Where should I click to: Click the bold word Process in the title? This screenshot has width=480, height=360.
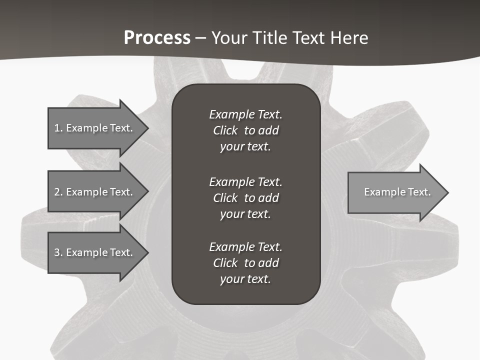pos(157,38)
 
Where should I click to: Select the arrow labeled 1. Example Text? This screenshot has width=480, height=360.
pos(93,128)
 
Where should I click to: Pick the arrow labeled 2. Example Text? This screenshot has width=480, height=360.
pos(93,192)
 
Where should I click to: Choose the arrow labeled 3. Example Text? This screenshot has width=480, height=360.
pos(93,252)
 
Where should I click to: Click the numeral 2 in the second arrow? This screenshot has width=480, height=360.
pos(57,192)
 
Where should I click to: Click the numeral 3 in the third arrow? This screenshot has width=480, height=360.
pos(57,252)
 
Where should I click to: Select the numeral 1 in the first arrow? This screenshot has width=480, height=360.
pos(57,128)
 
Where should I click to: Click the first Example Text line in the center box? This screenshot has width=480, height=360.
pos(245,114)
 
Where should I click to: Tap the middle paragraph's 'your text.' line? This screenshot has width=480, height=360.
pos(245,214)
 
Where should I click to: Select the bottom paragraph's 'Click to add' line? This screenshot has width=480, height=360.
pos(245,263)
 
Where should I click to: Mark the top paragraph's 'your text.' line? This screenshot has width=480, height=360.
pos(245,146)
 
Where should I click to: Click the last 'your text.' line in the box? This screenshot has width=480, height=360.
pos(245,279)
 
